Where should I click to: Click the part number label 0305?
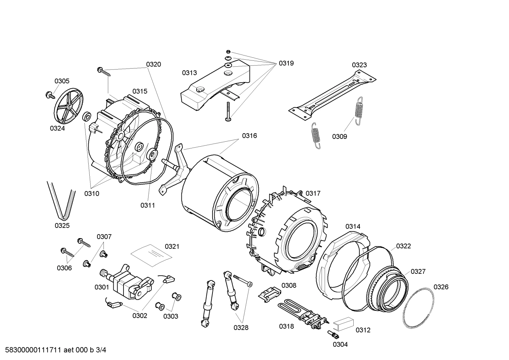(62, 81)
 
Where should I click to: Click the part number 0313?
(190, 73)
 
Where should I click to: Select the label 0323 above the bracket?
(359, 65)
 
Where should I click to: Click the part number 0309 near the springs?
(339, 136)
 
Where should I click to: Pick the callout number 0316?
(249, 136)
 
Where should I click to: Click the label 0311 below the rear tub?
(148, 205)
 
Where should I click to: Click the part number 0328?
(241, 327)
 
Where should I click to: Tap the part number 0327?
(418, 271)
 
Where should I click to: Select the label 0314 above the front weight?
(353, 226)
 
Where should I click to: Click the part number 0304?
(340, 344)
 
